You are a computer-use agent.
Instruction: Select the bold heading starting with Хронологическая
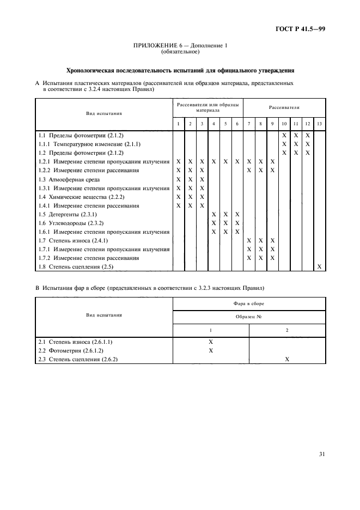point(180,70)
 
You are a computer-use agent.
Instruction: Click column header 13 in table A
point(319,124)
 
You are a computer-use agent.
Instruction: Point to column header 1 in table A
point(178,124)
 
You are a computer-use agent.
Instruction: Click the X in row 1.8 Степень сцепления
point(319,266)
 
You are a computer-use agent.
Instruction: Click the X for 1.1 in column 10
point(284,135)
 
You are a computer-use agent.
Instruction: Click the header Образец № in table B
point(248,317)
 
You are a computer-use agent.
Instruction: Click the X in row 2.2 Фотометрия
point(211,350)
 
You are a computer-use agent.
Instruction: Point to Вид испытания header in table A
point(103,114)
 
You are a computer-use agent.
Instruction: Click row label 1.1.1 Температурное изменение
point(89,144)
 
